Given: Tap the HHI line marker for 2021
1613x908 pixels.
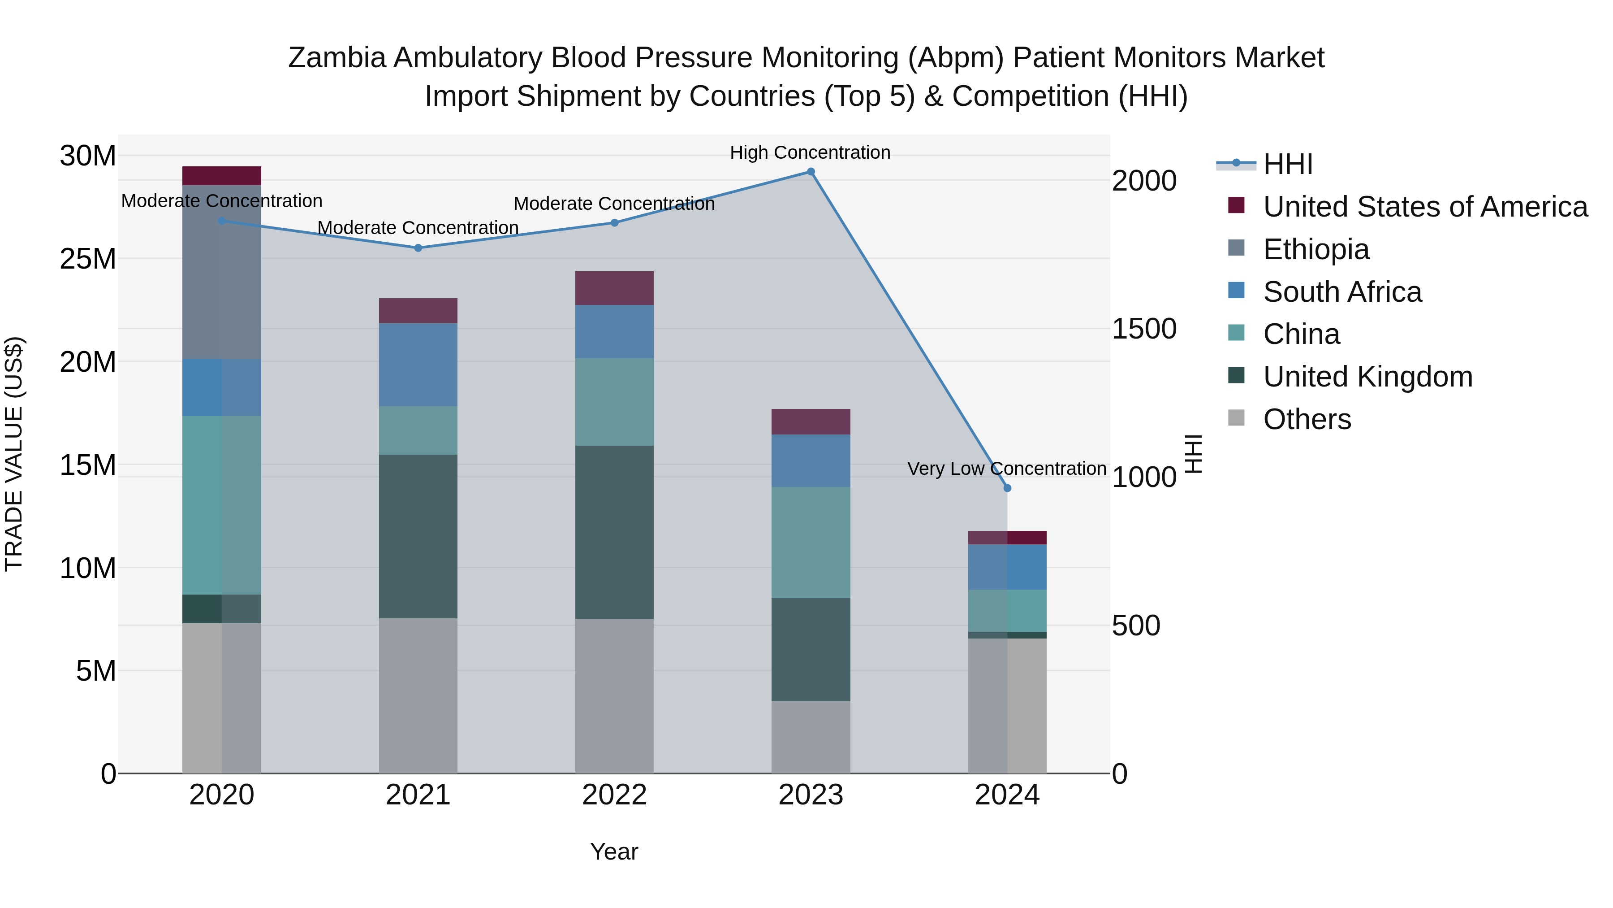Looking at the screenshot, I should coord(418,248).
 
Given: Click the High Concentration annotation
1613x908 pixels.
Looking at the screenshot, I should coord(810,152).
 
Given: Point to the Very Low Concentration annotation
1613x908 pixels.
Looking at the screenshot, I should coord(1006,469).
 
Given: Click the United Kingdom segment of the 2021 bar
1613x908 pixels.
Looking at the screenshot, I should coord(418,536).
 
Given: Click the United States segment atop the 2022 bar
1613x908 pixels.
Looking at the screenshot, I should coord(614,288).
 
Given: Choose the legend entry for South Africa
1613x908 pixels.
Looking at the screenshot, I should coord(1342,292).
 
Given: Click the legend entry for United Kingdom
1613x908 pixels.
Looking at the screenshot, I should coord(1367,377).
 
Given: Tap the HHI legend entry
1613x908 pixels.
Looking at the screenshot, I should coord(1287,164).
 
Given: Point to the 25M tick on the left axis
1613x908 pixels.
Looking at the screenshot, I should coord(88,259).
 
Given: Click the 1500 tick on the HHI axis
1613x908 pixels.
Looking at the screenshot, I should coord(1144,329).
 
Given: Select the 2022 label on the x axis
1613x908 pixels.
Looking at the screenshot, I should coord(614,795).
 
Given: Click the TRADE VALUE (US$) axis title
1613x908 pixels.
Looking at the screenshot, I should coord(14,454).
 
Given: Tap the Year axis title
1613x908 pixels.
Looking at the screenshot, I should coord(614,852).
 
